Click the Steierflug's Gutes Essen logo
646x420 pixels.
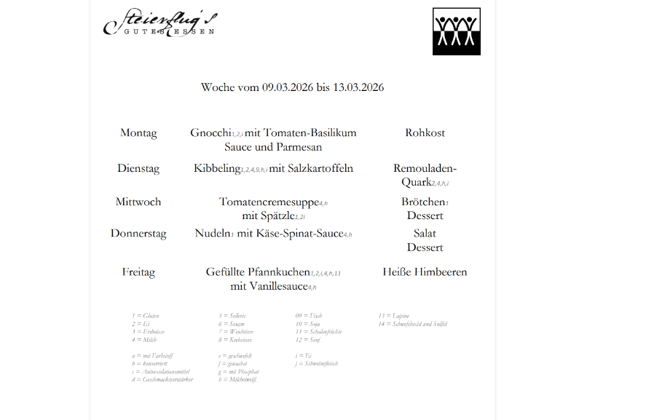pos(160,23)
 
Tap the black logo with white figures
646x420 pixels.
pos(457,31)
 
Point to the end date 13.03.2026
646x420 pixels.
pos(358,87)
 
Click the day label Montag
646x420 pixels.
pos(138,133)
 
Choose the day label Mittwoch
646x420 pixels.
pos(138,202)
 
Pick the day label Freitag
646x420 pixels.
pos(138,272)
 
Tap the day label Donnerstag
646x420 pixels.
pos(138,234)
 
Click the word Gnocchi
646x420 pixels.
pos(210,133)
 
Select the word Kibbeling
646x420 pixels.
pos(217,168)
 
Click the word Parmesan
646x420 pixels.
pos(298,147)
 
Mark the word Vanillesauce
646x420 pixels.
pos(269,287)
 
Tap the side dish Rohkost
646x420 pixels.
pos(425,133)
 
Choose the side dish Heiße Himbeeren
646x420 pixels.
pos(425,272)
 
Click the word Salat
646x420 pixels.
pos(425,234)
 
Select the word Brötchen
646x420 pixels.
pos(423,202)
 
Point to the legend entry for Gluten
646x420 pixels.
pos(146,316)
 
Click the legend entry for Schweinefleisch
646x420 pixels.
pos(318,363)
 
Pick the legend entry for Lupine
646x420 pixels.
pos(391,316)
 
